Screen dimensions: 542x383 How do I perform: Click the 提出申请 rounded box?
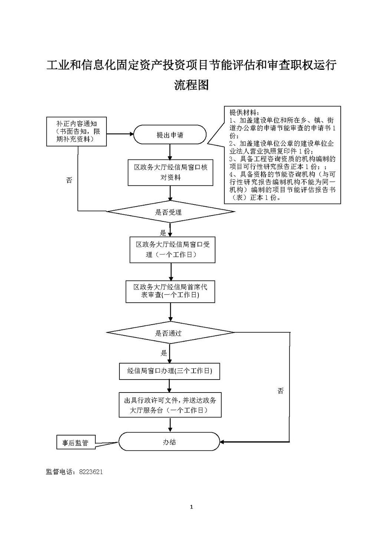pyautogui.click(x=170, y=135)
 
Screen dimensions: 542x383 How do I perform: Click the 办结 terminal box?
pyautogui.click(x=169, y=442)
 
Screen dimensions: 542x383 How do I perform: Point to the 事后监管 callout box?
pyautogui.click(x=75, y=443)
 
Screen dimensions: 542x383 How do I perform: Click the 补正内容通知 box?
pyautogui.click(x=76, y=132)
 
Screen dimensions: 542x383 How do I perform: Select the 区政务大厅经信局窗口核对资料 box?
pyautogui.click(x=171, y=173)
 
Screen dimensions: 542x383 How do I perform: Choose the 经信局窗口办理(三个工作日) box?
pyautogui.click(x=169, y=371)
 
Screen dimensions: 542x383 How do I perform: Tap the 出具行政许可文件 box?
pyautogui.click(x=170, y=405)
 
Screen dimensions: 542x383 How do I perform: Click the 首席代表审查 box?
pyautogui.click(x=170, y=291)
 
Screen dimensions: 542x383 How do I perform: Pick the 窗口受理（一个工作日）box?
pyautogui.click(x=172, y=250)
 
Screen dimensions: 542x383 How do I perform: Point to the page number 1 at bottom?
pyautogui.click(x=191, y=507)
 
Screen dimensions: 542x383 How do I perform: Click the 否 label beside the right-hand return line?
pyautogui.click(x=281, y=391)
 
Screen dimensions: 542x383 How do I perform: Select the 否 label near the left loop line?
pyautogui.click(x=69, y=180)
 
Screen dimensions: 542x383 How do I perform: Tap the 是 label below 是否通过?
pyautogui.click(x=164, y=352)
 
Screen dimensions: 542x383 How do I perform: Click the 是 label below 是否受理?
pyautogui.click(x=163, y=233)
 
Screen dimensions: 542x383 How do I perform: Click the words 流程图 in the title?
pyautogui.click(x=192, y=85)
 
